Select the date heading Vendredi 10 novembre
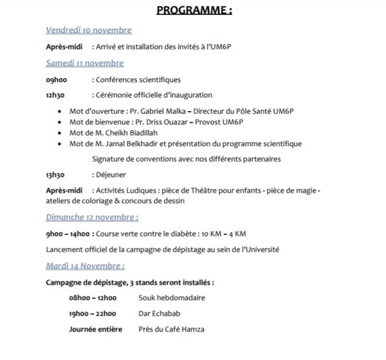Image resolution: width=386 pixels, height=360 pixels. click(x=88, y=31)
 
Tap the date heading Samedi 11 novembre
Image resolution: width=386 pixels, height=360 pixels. click(x=85, y=63)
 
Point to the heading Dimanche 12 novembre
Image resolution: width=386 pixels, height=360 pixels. click(x=92, y=217)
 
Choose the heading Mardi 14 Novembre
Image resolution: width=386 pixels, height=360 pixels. click(x=85, y=266)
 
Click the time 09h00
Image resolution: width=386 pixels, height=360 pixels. click(x=56, y=80)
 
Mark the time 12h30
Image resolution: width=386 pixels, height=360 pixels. click(x=55, y=95)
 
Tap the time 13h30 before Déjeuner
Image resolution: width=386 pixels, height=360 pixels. click(x=55, y=175)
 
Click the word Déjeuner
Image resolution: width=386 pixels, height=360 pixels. click(x=111, y=175)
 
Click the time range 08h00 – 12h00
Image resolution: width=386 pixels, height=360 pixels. click(x=93, y=298)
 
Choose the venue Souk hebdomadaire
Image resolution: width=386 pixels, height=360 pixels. click(x=171, y=298)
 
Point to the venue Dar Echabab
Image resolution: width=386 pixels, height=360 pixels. click(x=159, y=314)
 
